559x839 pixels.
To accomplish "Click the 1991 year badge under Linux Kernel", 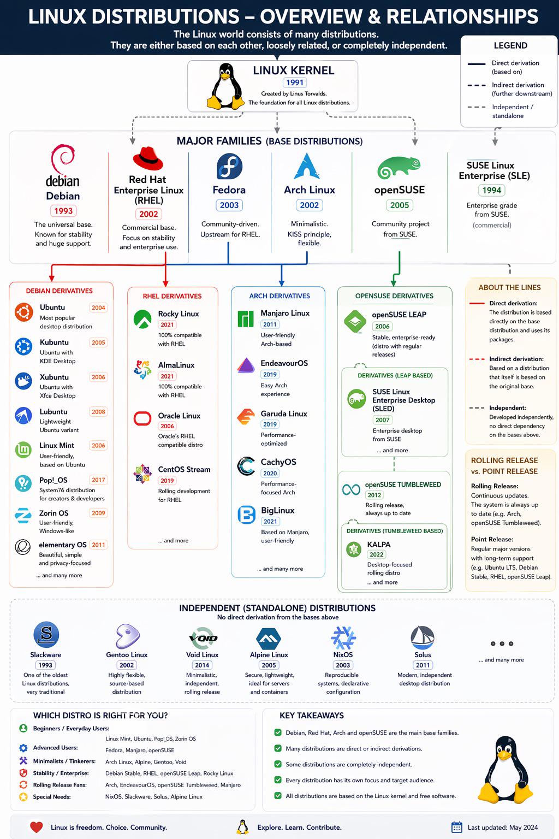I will pos(295,82).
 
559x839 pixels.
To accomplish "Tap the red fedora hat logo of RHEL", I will pos(148,159).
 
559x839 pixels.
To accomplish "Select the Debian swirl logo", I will pos(63,159).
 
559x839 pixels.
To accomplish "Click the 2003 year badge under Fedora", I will pos(229,205).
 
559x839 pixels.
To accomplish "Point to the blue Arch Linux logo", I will pos(307,166).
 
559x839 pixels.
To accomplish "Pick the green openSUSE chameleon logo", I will pos(399,167).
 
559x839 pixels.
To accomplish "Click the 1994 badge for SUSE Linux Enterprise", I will pos(491,190).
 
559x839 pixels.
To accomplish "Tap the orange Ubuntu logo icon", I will pos(23,312).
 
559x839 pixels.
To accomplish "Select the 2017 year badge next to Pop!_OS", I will pos(98,480).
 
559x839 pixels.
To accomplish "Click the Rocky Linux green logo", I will pos(142,319).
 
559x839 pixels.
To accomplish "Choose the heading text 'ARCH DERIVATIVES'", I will pos(279,296).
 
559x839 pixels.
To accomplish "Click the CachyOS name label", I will pos(278,462).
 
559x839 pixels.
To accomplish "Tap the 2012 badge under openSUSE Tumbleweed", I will pos(374,495).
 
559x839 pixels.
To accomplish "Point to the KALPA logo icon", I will pos(354,550).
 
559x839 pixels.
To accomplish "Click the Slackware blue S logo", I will pos(46,635).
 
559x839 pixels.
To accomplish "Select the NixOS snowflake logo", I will pos(343,637).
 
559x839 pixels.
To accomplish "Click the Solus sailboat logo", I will pos(422,637).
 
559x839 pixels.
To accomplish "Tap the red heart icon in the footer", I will pos(36,827).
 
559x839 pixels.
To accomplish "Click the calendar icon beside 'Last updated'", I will pos(457,828).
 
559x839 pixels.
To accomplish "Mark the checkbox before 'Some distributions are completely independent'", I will pos(277,764).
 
